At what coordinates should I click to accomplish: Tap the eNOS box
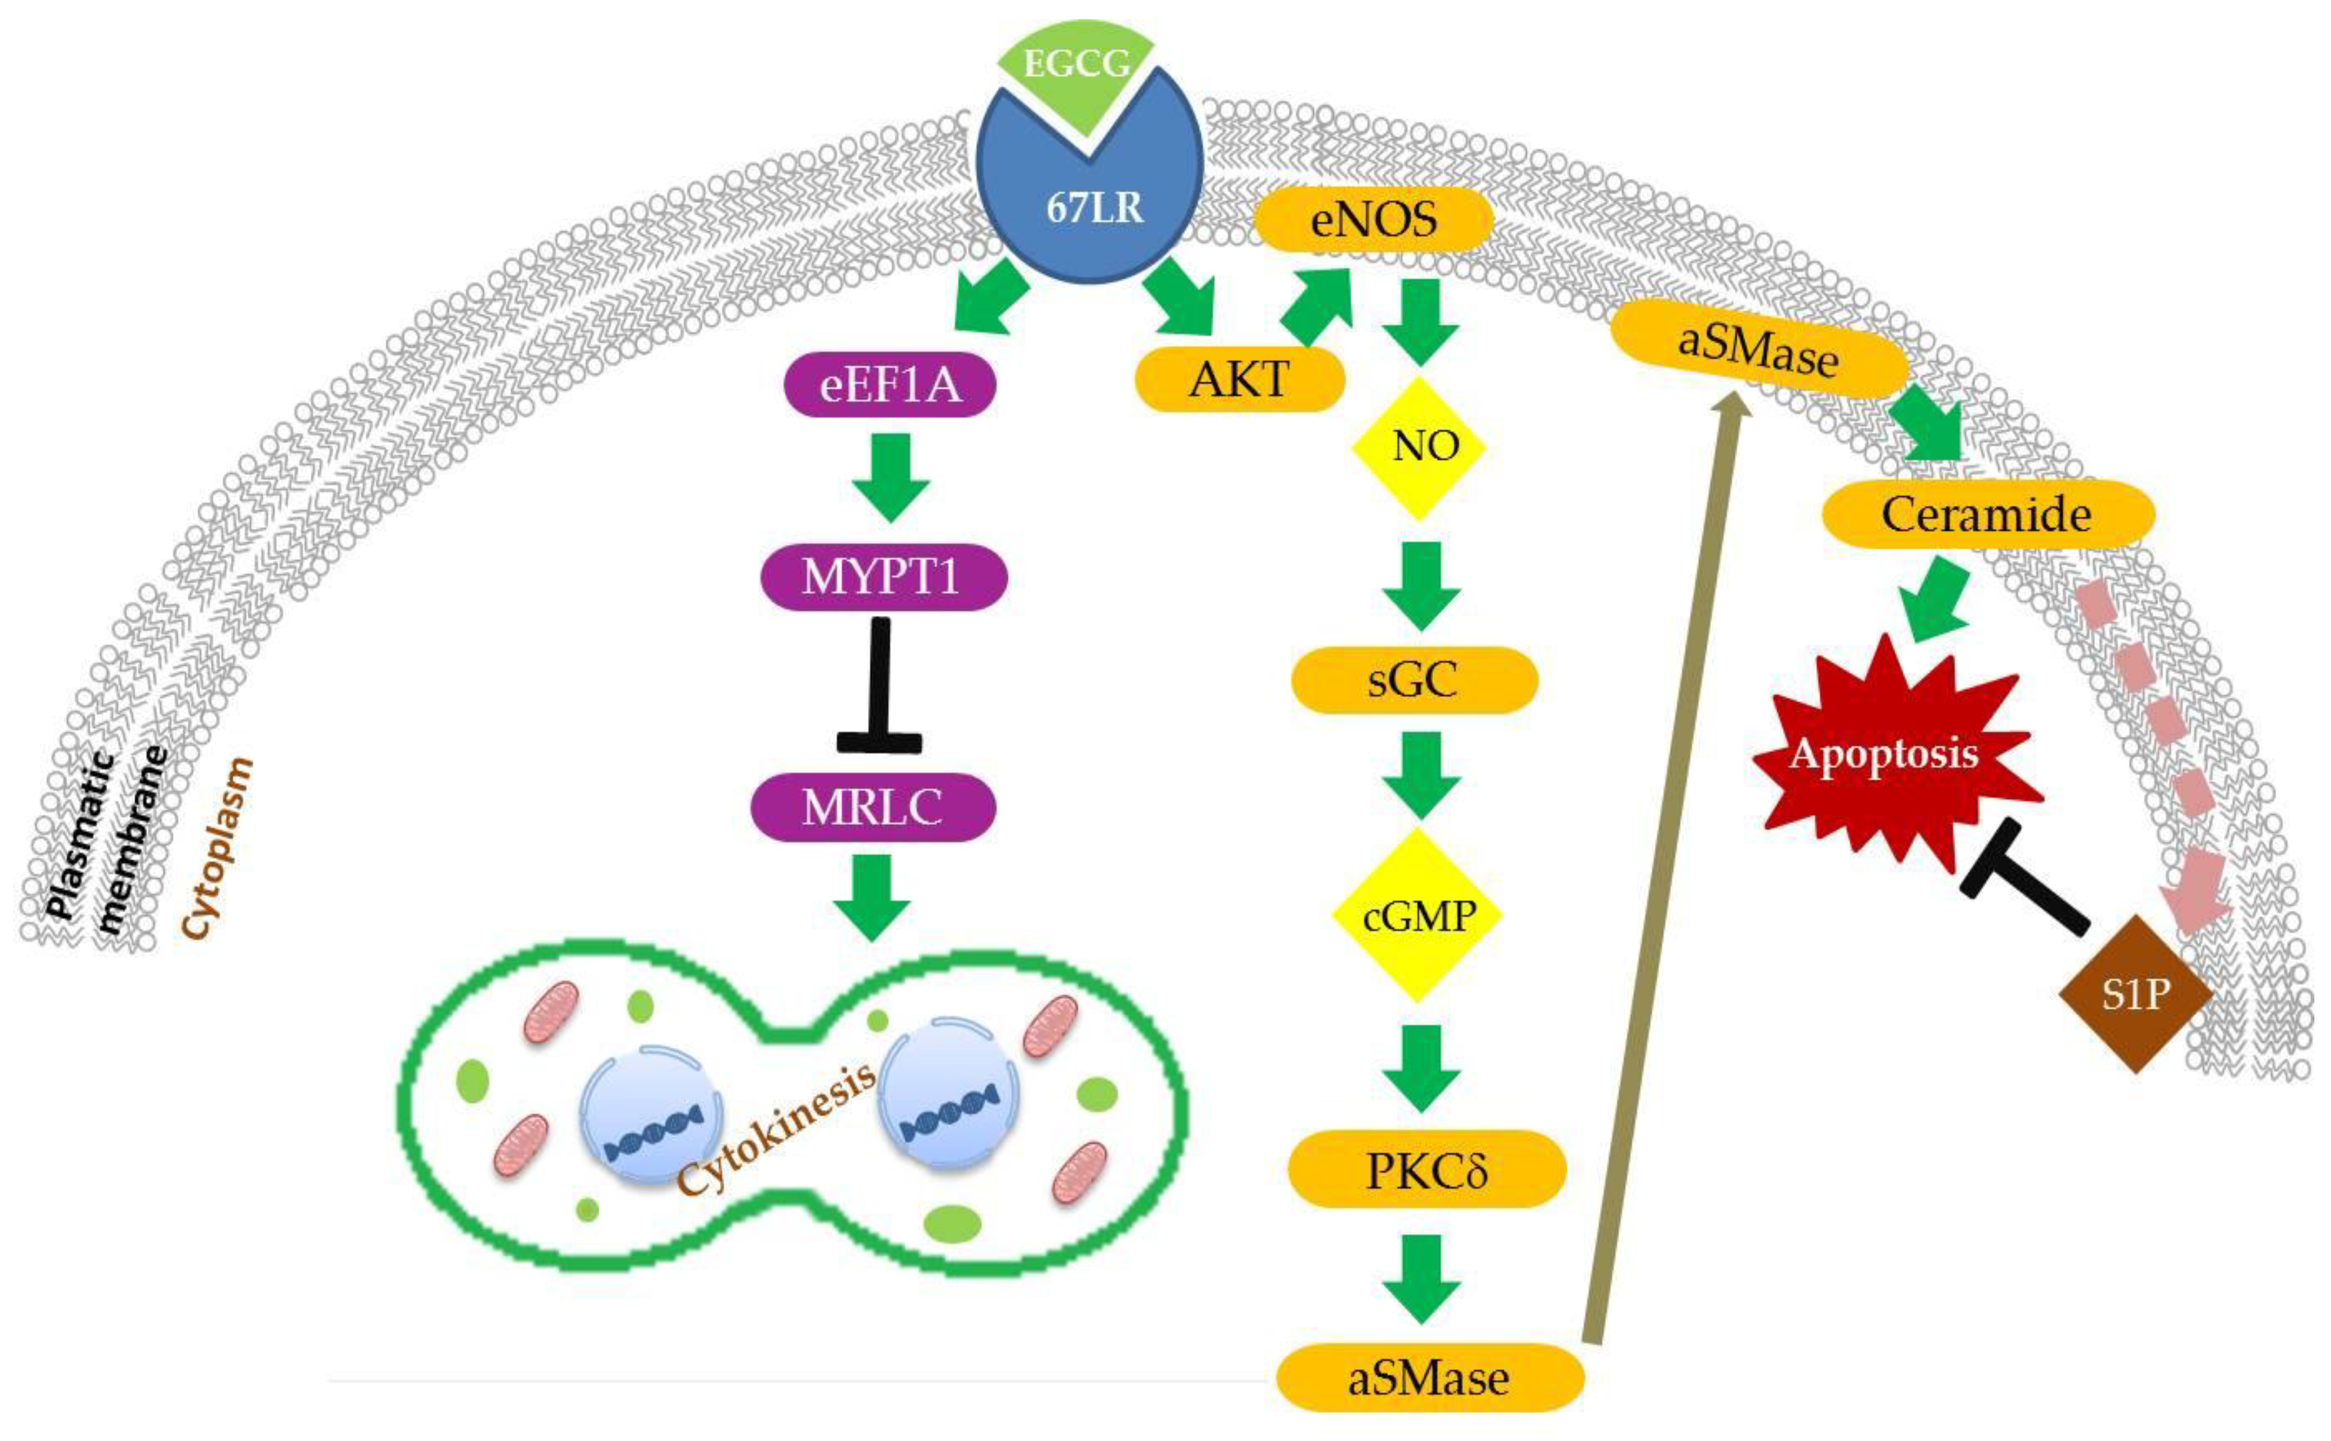coord(1372,220)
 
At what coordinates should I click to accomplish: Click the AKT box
coord(1239,379)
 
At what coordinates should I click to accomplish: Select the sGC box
coord(1413,679)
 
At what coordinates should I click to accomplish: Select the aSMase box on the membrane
coord(1758,349)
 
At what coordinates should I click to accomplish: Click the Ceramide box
coord(1987,515)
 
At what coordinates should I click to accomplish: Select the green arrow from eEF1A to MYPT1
coord(890,476)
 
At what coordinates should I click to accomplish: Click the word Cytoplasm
coord(218,848)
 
